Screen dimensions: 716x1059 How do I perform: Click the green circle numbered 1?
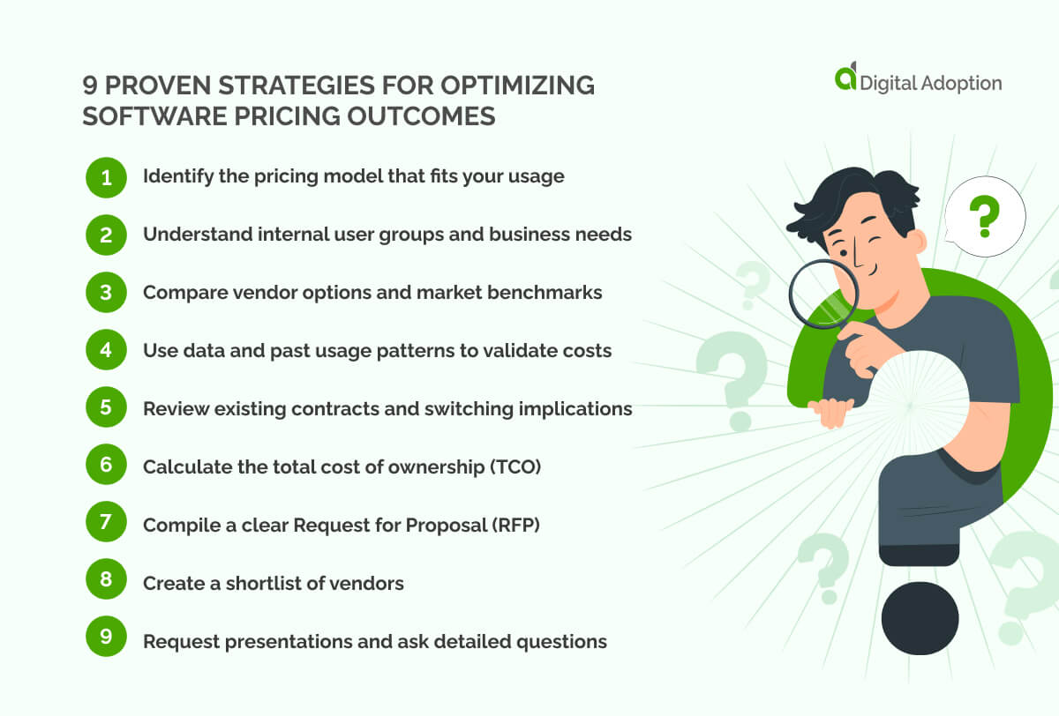click(106, 177)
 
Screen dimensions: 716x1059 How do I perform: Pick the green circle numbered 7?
click(106, 525)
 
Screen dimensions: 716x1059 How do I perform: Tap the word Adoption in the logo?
click(959, 84)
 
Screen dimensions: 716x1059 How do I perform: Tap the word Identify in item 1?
click(175, 176)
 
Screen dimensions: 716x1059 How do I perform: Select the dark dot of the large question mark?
click(920, 617)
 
